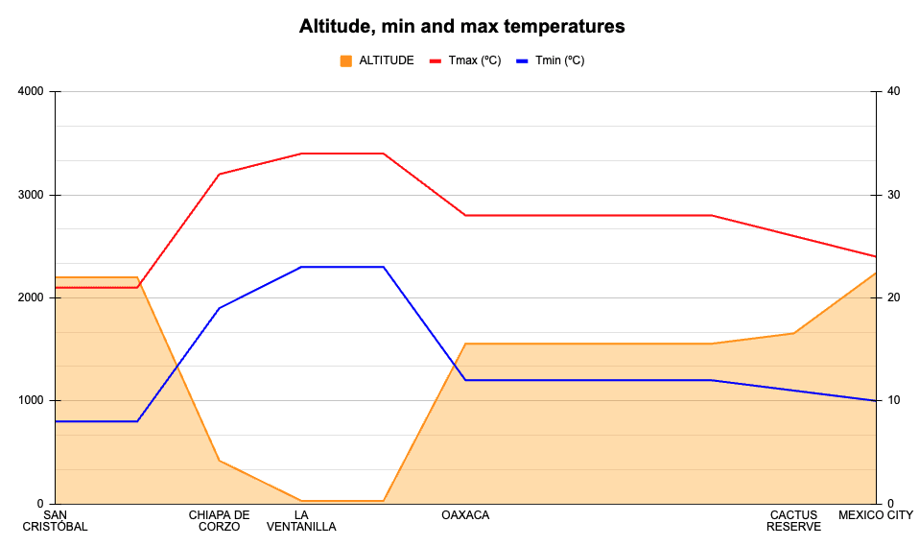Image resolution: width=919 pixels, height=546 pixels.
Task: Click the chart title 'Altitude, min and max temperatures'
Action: click(461, 27)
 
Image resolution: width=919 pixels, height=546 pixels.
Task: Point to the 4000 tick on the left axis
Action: click(32, 92)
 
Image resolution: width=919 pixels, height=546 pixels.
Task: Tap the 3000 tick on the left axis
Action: click(32, 195)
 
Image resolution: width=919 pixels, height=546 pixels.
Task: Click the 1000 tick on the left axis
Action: click(32, 401)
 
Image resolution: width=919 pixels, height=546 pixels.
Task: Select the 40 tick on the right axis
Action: click(893, 92)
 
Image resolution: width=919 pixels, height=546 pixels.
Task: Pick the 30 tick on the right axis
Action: click(893, 195)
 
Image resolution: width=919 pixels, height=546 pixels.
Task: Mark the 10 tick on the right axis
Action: click(893, 401)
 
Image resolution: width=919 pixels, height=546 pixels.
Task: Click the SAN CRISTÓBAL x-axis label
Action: click(55, 521)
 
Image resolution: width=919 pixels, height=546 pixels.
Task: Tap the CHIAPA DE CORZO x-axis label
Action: click(220, 521)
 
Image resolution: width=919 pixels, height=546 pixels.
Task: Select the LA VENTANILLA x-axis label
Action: click(301, 521)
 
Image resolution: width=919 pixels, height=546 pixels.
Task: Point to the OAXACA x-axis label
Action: click(465, 515)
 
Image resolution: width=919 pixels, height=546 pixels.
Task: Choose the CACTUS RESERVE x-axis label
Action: click(793, 521)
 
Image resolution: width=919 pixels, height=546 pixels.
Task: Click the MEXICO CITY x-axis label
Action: click(876, 515)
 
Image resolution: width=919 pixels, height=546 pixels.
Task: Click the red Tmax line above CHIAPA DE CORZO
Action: click(220, 175)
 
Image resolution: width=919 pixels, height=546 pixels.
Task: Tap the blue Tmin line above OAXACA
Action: click(465, 380)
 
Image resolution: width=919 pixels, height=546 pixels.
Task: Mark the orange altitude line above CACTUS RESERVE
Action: click(793, 333)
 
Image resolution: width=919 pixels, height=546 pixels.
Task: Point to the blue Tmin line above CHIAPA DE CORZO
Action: click(220, 308)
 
